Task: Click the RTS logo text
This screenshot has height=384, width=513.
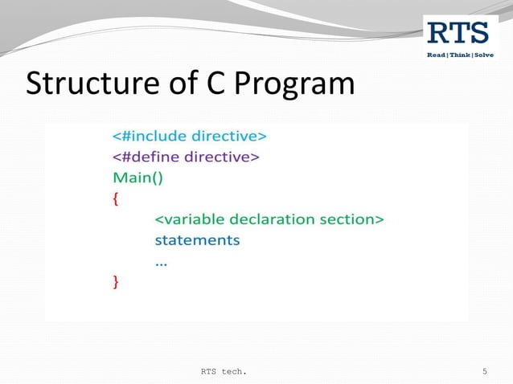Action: (x=458, y=33)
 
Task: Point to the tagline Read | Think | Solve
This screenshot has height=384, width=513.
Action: (x=460, y=55)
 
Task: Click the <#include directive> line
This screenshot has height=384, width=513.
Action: (x=189, y=136)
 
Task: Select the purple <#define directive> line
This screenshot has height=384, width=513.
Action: (x=185, y=157)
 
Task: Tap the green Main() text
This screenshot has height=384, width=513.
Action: (x=137, y=178)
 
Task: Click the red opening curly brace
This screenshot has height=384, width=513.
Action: (x=116, y=199)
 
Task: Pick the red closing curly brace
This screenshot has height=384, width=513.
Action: (x=116, y=282)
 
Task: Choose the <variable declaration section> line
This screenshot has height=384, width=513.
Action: (x=269, y=219)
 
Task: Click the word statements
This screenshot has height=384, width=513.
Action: (x=197, y=240)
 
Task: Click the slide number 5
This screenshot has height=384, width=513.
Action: (x=485, y=371)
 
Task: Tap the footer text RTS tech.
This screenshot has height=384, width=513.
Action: (x=224, y=371)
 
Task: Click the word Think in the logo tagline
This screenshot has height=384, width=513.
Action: (x=460, y=55)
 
